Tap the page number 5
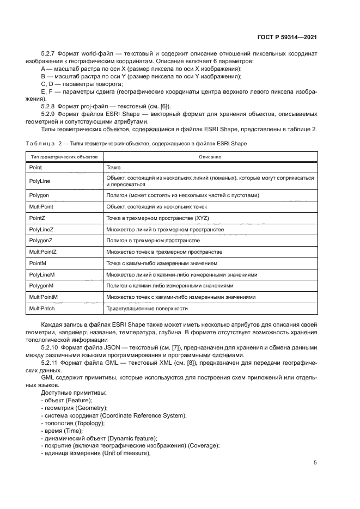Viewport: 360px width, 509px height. coord(315,463)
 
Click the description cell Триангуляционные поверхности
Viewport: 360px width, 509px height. coord(147,309)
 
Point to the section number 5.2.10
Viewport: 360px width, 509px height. coord(51,347)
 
